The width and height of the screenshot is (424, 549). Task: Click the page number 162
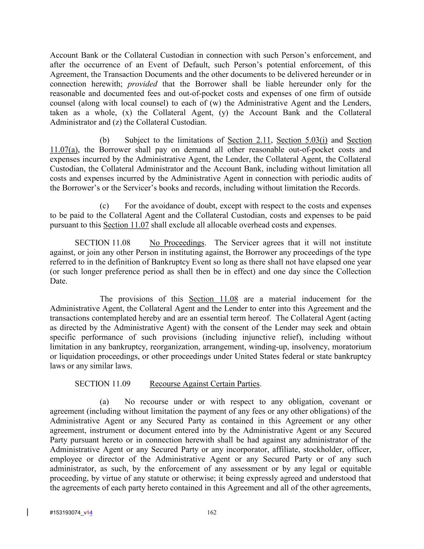tap(212, 512)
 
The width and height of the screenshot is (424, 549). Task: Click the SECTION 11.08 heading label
tap(102, 243)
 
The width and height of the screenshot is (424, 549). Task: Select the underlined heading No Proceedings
tap(177, 243)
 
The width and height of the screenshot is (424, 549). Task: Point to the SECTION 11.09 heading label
tap(102, 384)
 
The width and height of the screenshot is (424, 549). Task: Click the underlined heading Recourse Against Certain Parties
tap(205, 384)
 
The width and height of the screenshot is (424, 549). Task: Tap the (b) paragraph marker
tap(104, 140)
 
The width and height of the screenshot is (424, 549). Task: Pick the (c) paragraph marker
tap(104, 206)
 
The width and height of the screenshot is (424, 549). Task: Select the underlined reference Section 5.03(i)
tap(302, 140)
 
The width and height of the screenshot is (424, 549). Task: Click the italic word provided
tap(142, 84)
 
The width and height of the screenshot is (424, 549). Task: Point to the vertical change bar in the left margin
tap(27, 512)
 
